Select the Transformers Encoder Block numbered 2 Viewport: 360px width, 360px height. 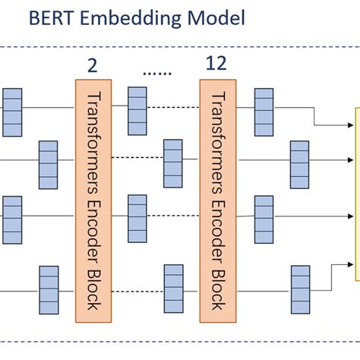click(x=94, y=199)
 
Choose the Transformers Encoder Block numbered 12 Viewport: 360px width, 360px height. click(x=219, y=199)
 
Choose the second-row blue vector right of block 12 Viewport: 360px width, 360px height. click(x=300, y=159)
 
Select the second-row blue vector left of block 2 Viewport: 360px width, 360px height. click(x=49, y=159)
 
